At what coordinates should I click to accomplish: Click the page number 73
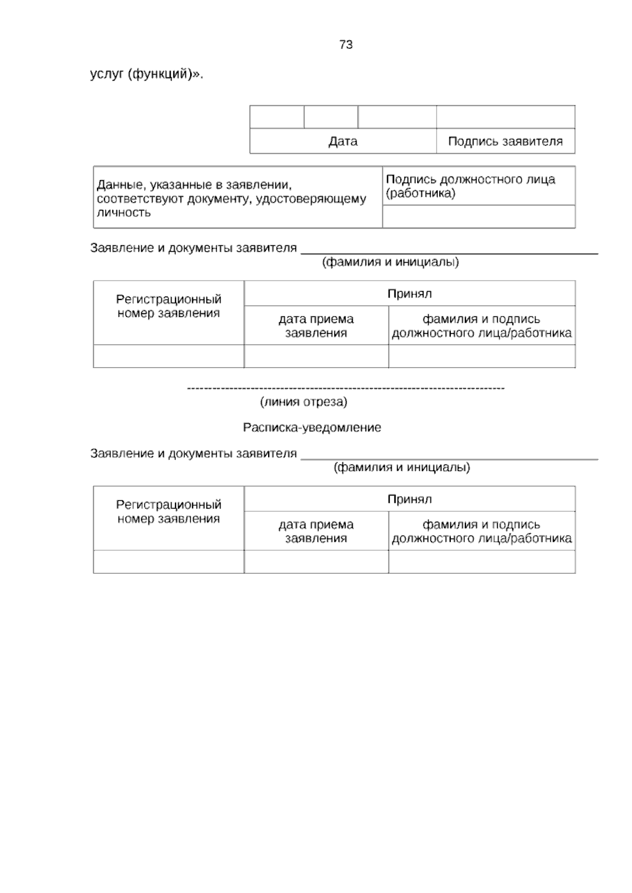346,45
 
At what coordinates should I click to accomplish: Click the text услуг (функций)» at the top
146,74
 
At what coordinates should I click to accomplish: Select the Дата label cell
343,141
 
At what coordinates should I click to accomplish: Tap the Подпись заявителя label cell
505,141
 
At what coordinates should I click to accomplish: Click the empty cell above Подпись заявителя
505,117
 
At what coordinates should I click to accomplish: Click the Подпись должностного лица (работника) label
470,186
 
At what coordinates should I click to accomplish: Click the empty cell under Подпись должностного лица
478,216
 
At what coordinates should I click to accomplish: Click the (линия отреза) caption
303,402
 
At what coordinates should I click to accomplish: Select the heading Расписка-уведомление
312,428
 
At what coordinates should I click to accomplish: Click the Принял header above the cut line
409,293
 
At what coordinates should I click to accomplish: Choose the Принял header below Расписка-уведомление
409,499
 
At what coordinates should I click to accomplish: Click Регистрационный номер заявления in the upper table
169,306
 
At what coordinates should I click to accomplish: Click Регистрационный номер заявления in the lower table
169,512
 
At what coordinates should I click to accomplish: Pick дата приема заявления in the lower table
316,531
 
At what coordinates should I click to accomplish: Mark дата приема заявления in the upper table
316,326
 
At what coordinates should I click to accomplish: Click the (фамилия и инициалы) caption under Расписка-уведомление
402,468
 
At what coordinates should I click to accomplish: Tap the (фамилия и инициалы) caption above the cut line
390,262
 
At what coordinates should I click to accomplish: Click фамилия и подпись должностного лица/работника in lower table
481,531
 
